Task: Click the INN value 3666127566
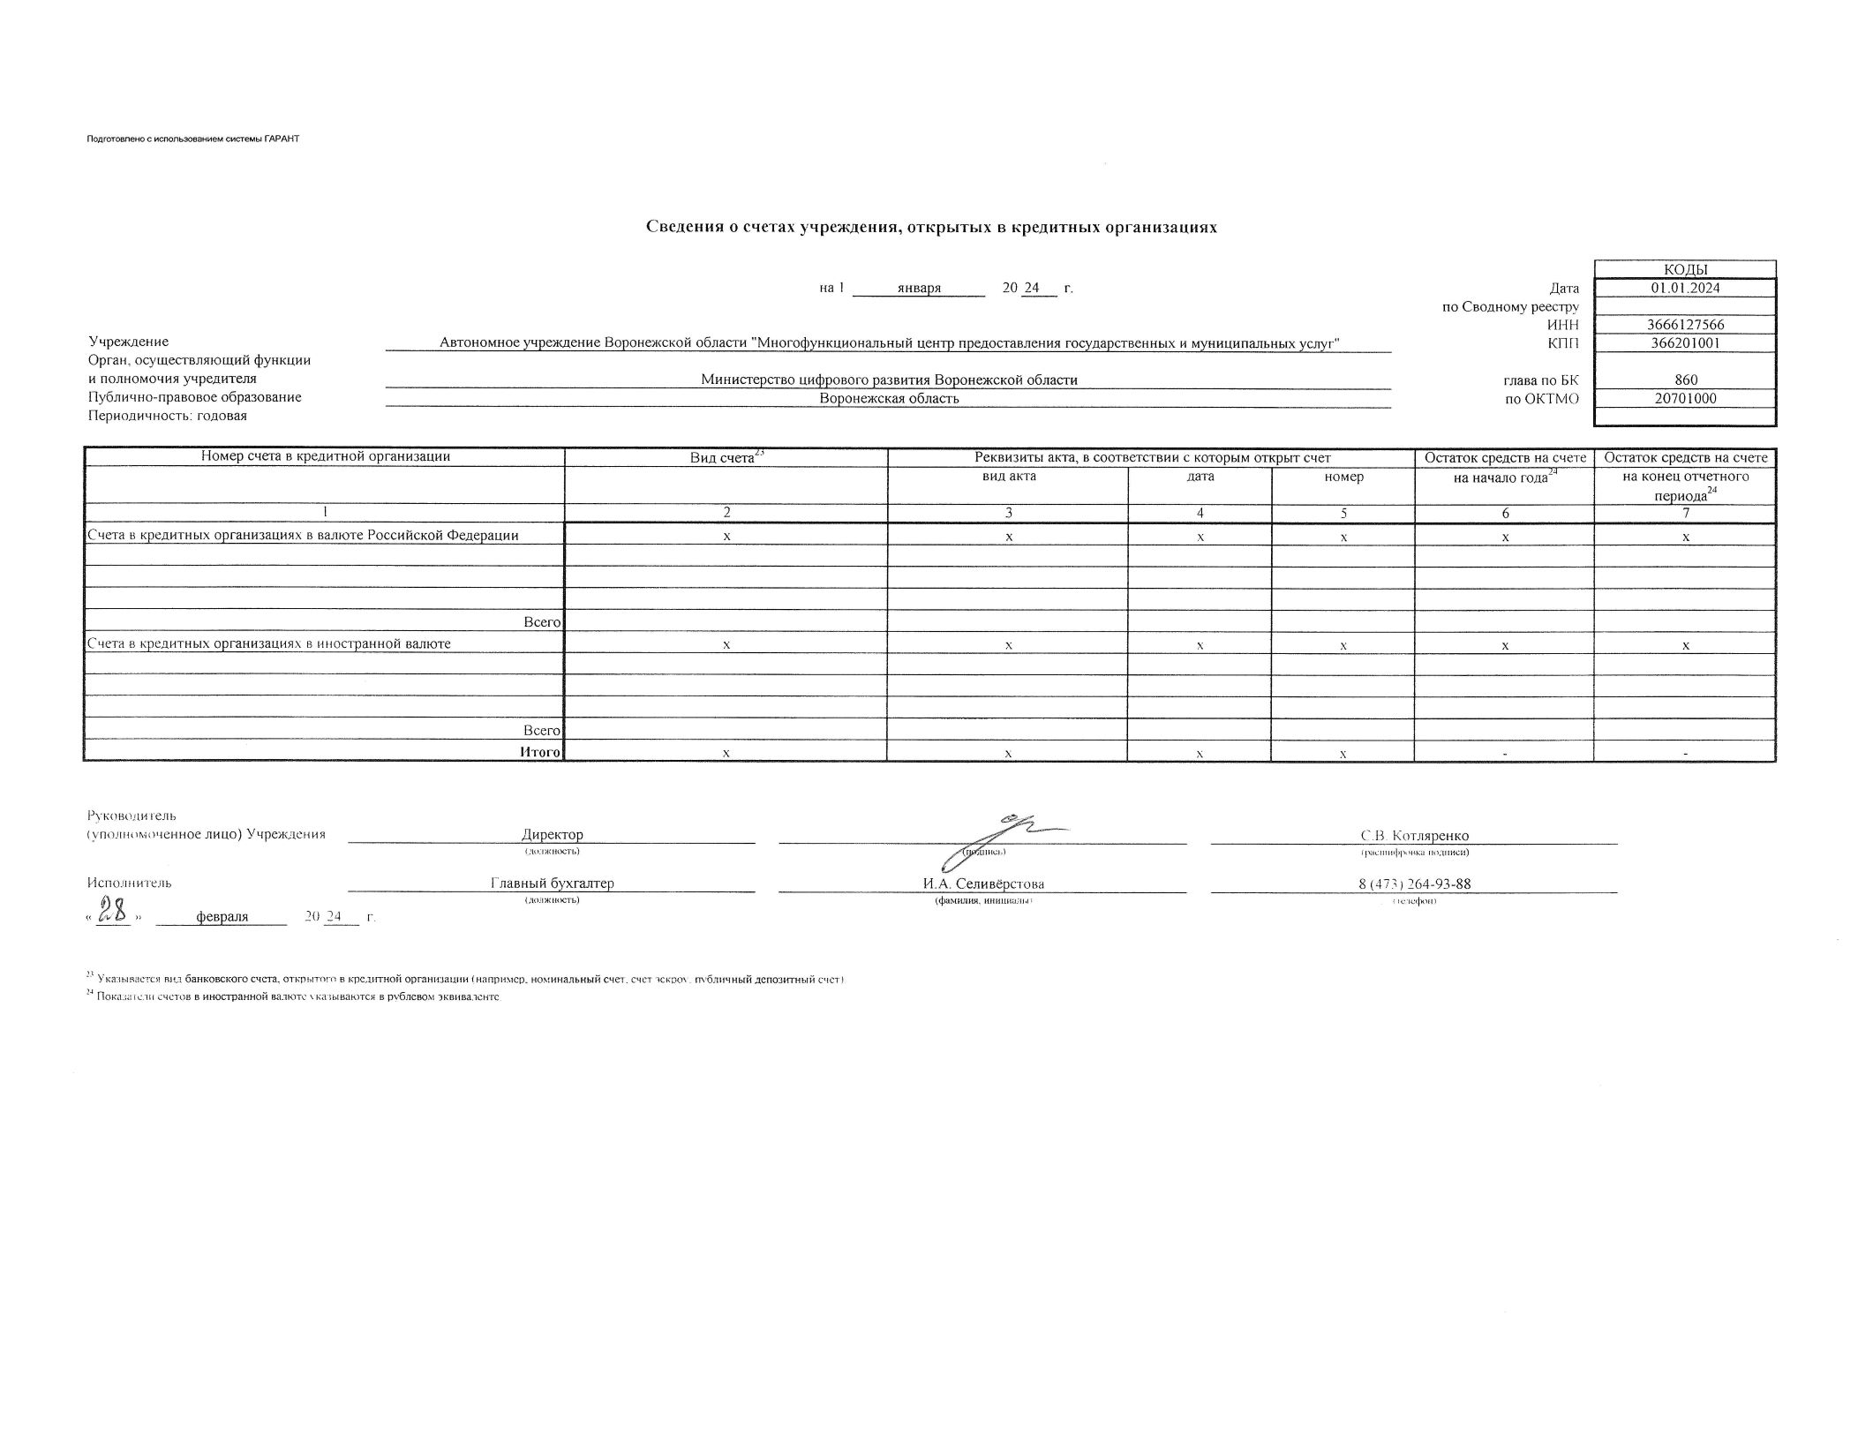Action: coord(1685,325)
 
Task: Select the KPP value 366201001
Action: coord(1685,343)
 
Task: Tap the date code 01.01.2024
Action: coord(1685,288)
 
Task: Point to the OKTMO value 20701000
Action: coord(1685,398)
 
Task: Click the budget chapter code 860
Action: coord(1685,380)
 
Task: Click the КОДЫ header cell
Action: coord(1685,269)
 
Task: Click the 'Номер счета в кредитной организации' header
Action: coord(325,456)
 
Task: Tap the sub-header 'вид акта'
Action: coord(1008,477)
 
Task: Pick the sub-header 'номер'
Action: coord(1343,477)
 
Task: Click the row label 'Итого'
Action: coord(539,752)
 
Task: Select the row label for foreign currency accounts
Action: coord(268,643)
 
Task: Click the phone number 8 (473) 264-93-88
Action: coord(1414,884)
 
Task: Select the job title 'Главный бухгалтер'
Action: coord(552,883)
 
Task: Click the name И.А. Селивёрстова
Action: coord(982,884)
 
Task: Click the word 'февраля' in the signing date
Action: coord(222,917)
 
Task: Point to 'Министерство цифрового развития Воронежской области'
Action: coord(889,380)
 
